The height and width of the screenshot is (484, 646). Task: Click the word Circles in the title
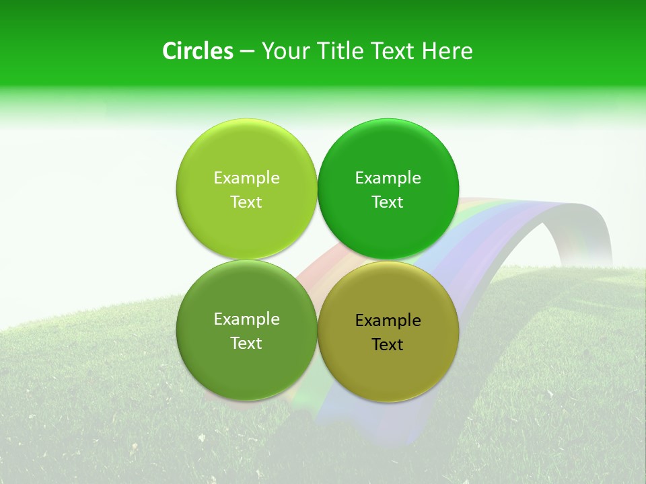tap(197, 51)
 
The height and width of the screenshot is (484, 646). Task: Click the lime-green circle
tap(246, 155)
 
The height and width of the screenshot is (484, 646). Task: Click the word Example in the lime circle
tap(246, 178)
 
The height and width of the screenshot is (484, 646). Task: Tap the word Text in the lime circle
tap(246, 202)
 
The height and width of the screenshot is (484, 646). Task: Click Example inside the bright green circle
tap(388, 178)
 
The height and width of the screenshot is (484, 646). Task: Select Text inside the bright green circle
tap(388, 202)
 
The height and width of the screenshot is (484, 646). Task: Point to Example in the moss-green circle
tap(246, 319)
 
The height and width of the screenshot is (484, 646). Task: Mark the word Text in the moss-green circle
tap(246, 344)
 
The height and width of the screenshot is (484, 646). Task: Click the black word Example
tap(388, 321)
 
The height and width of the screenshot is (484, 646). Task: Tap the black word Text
tap(388, 345)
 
